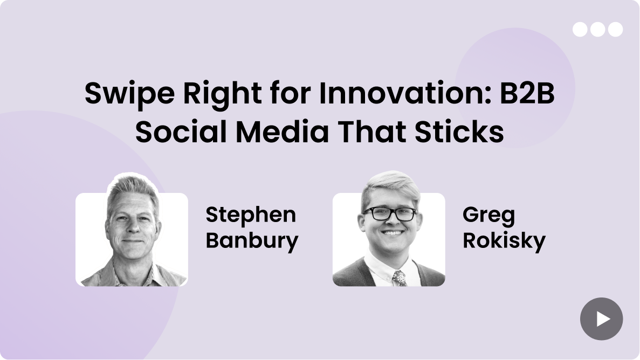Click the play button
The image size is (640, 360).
click(601, 319)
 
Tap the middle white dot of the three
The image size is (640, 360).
click(597, 30)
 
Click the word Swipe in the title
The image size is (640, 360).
click(129, 94)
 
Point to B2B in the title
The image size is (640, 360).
click(527, 93)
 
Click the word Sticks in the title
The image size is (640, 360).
click(459, 132)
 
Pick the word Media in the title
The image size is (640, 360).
click(282, 132)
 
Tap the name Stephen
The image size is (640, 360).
click(251, 215)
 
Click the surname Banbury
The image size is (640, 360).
click(252, 240)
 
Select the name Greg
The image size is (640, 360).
click(488, 215)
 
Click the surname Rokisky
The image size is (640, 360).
click(504, 240)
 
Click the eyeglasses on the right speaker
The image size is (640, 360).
click(390, 213)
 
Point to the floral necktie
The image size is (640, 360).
click(399, 278)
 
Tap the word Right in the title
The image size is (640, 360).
click(223, 94)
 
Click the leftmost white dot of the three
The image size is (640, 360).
click(580, 30)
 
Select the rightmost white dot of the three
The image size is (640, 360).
click(615, 30)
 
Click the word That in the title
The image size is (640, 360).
click(371, 132)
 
